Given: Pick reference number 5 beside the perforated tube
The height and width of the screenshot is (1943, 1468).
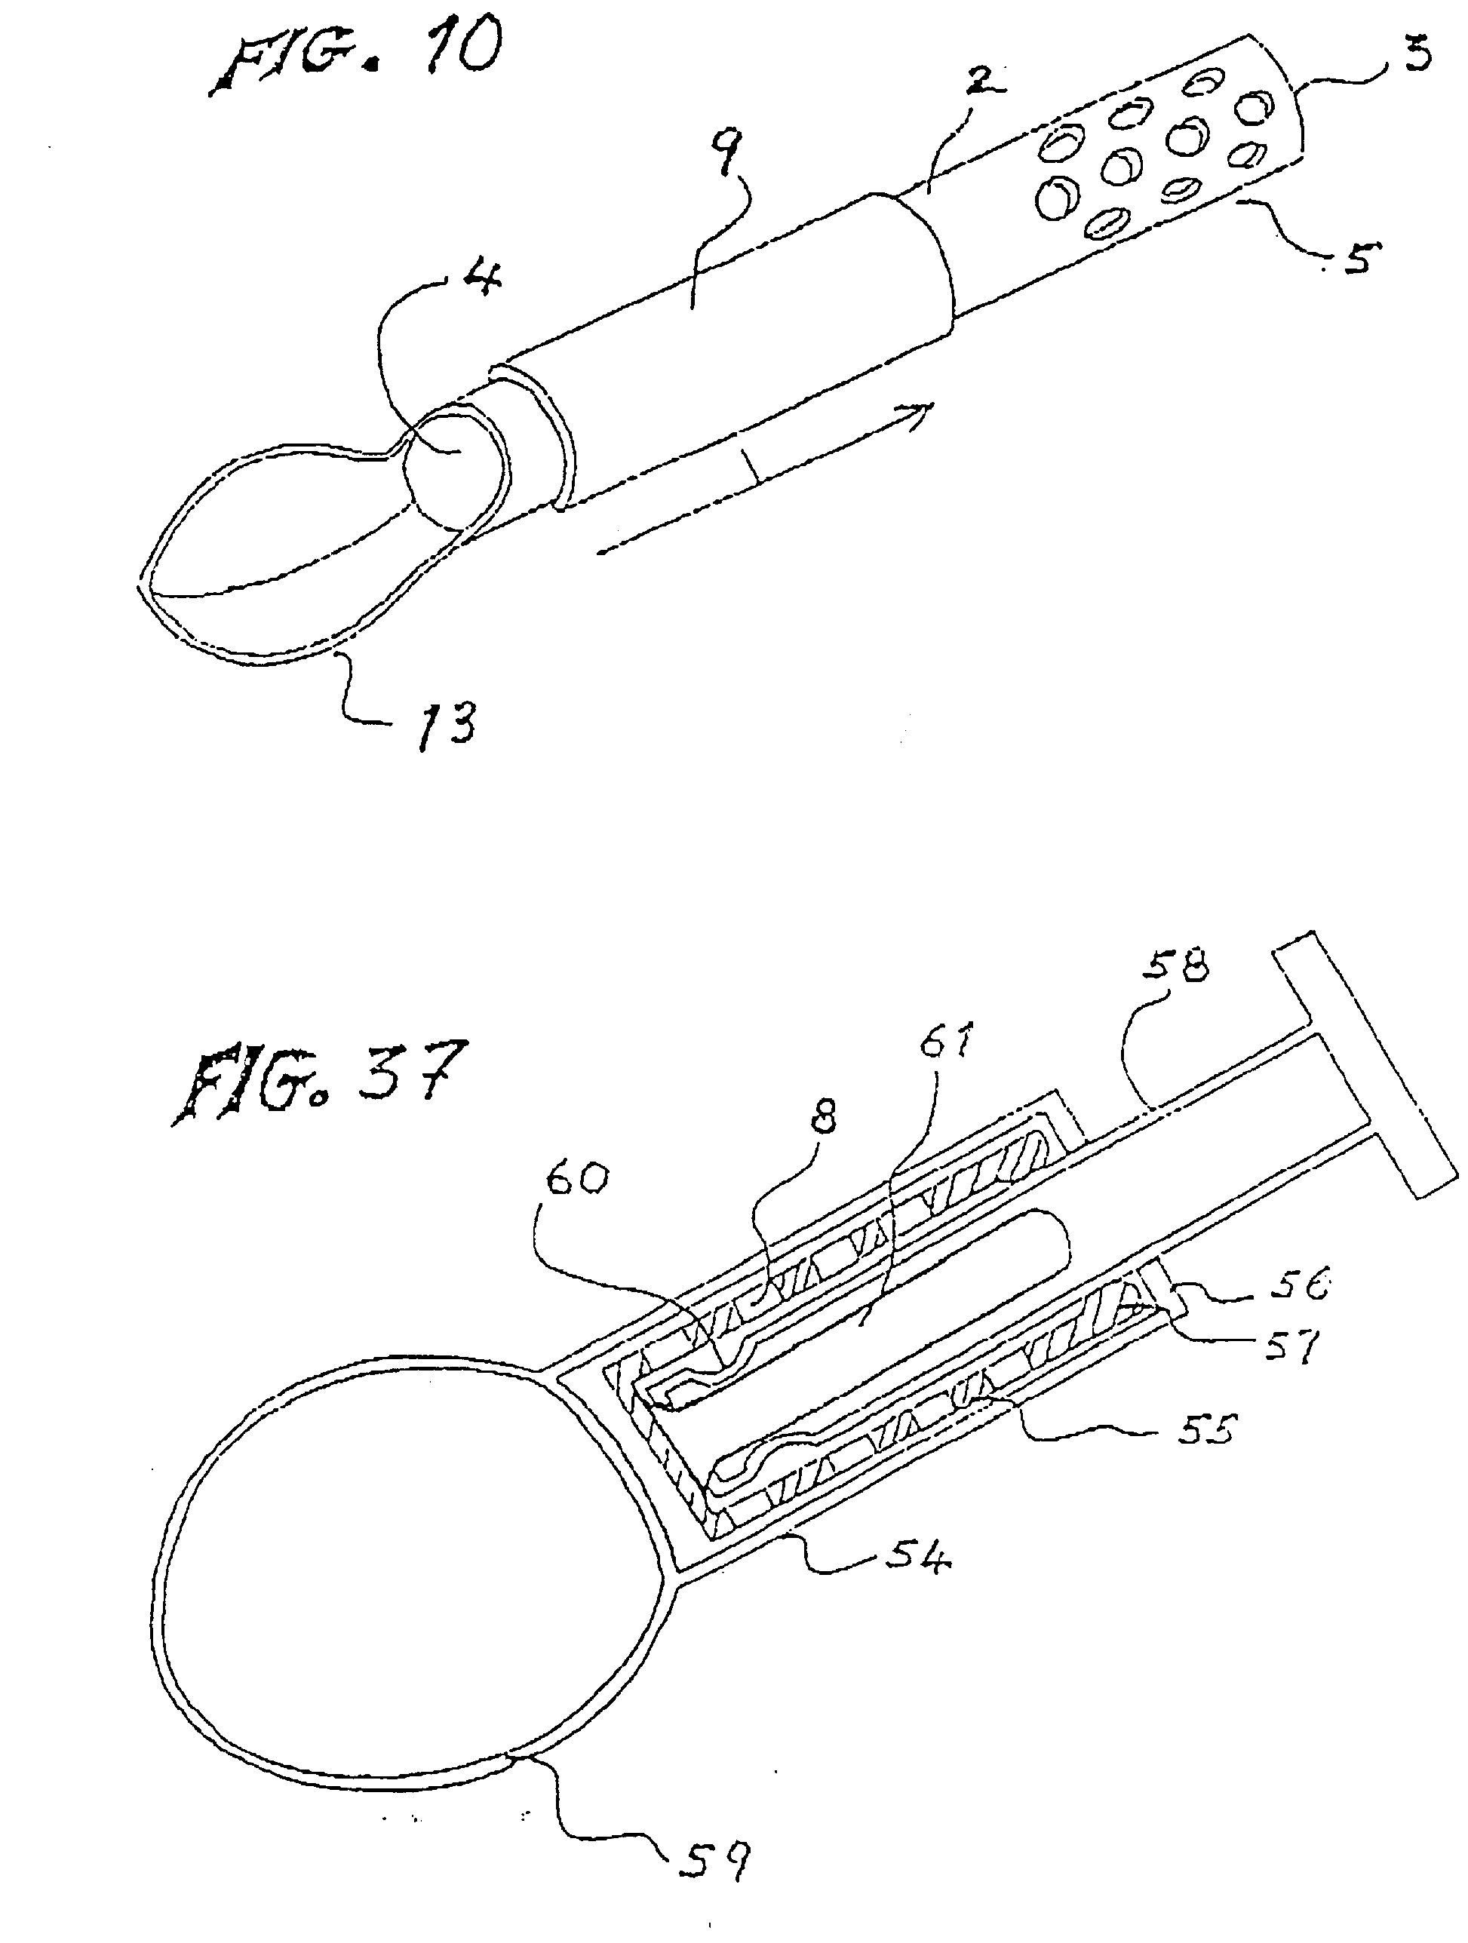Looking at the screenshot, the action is tap(1356, 256).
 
